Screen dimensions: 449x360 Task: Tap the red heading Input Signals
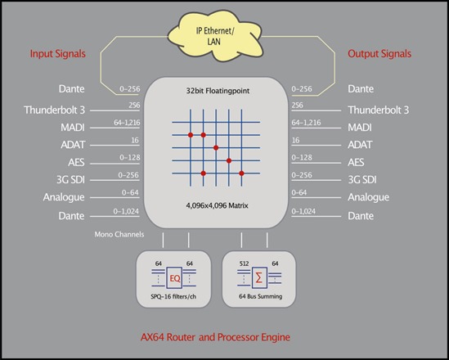pos(58,53)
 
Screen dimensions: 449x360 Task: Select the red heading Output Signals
pos(379,53)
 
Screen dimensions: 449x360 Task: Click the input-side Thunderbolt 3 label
pos(55,110)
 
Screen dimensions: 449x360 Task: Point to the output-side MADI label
pos(360,128)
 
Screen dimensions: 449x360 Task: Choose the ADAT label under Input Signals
pos(73,145)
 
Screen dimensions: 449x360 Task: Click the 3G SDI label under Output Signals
pos(362,180)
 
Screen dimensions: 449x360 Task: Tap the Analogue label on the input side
pos(64,197)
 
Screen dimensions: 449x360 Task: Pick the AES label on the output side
pos(356,162)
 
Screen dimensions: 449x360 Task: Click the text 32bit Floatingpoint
pos(218,91)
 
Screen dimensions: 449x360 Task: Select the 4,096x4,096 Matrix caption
pos(217,205)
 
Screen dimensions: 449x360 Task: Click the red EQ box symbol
pos(174,278)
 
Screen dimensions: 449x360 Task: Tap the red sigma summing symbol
pos(259,278)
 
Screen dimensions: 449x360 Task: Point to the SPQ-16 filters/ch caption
pos(173,297)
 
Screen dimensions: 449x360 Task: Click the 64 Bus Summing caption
pos(260,296)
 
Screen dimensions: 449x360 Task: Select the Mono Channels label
pos(119,234)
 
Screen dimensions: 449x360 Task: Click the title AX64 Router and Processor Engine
pos(215,337)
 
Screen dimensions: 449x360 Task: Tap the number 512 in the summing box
pos(244,263)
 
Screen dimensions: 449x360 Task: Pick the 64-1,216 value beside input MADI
pos(127,123)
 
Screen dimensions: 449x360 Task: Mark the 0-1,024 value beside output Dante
pos(303,211)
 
